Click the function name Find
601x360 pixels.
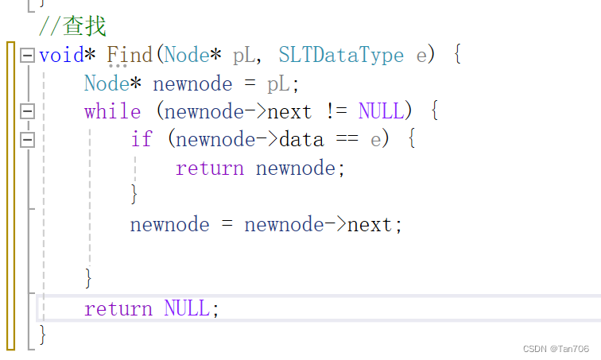(x=130, y=55)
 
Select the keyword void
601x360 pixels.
(x=61, y=55)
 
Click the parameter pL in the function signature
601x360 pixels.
(x=244, y=56)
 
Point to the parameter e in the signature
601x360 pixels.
(x=421, y=56)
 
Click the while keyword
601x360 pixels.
(x=112, y=111)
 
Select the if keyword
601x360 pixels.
(x=142, y=140)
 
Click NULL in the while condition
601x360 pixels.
(x=381, y=111)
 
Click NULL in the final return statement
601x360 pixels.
(x=188, y=308)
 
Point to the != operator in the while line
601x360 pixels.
(x=335, y=111)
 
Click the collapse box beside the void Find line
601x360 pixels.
(x=28, y=56)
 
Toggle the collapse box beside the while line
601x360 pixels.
(x=28, y=111)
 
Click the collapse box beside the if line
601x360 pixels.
(x=28, y=140)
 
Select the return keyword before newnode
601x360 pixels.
(x=210, y=168)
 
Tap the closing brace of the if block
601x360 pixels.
(x=134, y=193)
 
